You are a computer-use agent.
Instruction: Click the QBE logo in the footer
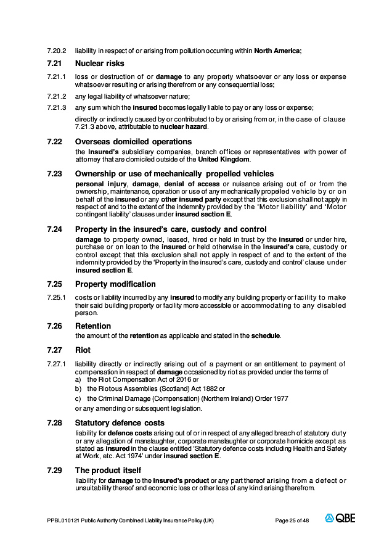[x=340, y=519]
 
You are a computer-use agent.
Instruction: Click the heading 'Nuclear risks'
[x=99, y=63]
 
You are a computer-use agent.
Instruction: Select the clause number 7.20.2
[x=56, y=51]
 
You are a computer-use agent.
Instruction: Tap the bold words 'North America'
[x=277, y=51]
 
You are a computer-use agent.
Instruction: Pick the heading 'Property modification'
[x=115, y=284]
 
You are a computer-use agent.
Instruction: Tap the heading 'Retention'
[x=93, y=326]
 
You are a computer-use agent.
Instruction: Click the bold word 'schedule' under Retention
[x=265, y=336]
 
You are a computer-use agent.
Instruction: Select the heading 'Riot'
[x=83, y=350]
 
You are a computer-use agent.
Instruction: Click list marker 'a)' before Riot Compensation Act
[x=78, y=380]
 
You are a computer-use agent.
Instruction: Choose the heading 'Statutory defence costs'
[x=120, y=423]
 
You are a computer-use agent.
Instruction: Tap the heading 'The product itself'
[x=108, y=470]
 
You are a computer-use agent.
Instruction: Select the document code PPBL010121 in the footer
[x=63, y=520]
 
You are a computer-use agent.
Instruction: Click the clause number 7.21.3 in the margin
[x=56, y=107]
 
